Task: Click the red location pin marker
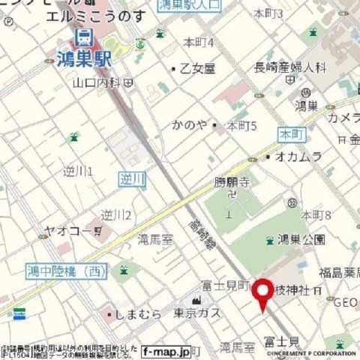[262, 294]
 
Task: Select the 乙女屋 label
[197, 68]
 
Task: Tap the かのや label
[189, 124]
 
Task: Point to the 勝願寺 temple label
[230, 181]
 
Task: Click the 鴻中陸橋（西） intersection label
[67, 271]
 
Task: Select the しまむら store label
[139, 315]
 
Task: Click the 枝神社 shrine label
[293, 289]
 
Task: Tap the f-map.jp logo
[166, 350]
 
